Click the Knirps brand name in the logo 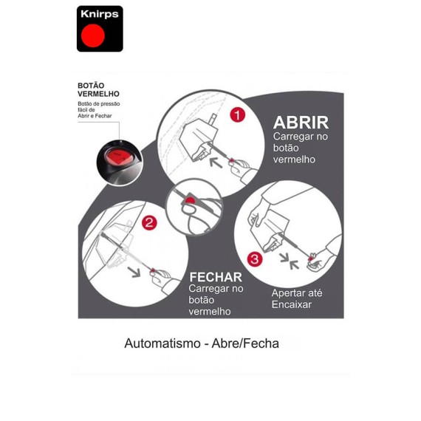[x=100, y=14]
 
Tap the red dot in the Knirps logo [x=93, y=35]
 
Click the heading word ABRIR [x=301, y=123]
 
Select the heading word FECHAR [x=216, y=277]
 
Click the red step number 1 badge [x=238, y=115]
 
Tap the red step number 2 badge [x=149, y=223]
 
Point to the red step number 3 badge [x=255, y=259]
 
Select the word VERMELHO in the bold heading [x=98, y=94]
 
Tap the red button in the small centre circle [x=191, y=199]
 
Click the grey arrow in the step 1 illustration [x=216, y=162]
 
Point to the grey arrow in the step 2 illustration [x=134, y=272]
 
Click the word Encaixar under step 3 [x=292, y=304]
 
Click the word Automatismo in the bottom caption [x=162, y=343]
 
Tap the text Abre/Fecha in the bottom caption [x=245, y=343]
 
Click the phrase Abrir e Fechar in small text [x=95, y=116]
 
